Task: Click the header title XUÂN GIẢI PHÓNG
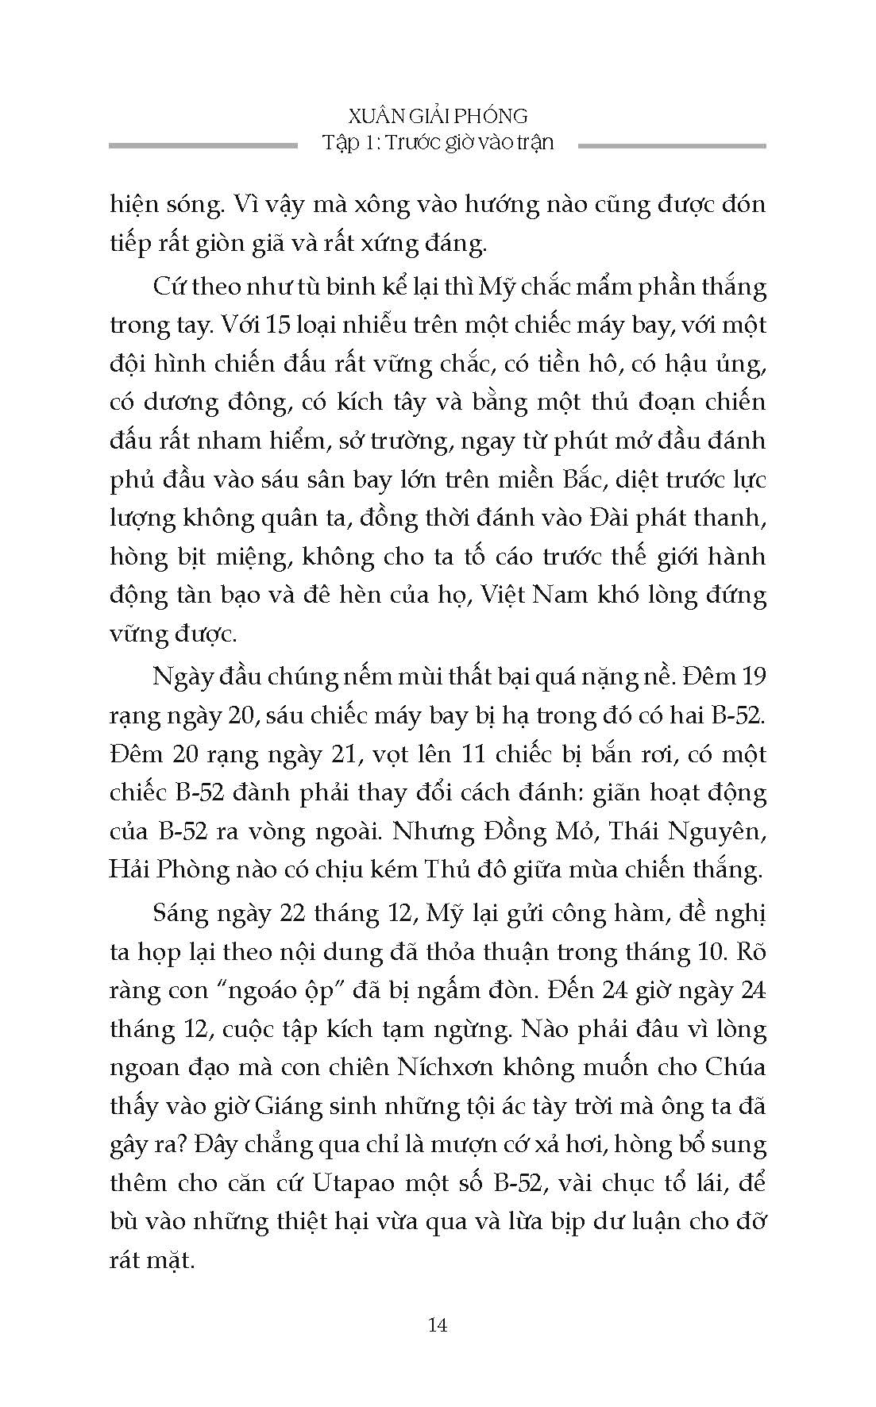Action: click(x=438, y=116)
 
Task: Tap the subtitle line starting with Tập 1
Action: click(x=438, y=143)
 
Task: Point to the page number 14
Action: click(x=438, y=1324)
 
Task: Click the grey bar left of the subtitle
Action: click(x=203, y=145)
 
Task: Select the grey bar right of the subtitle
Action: click(x=672, y=145)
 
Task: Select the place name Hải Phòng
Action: click(x=158, y=869)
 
